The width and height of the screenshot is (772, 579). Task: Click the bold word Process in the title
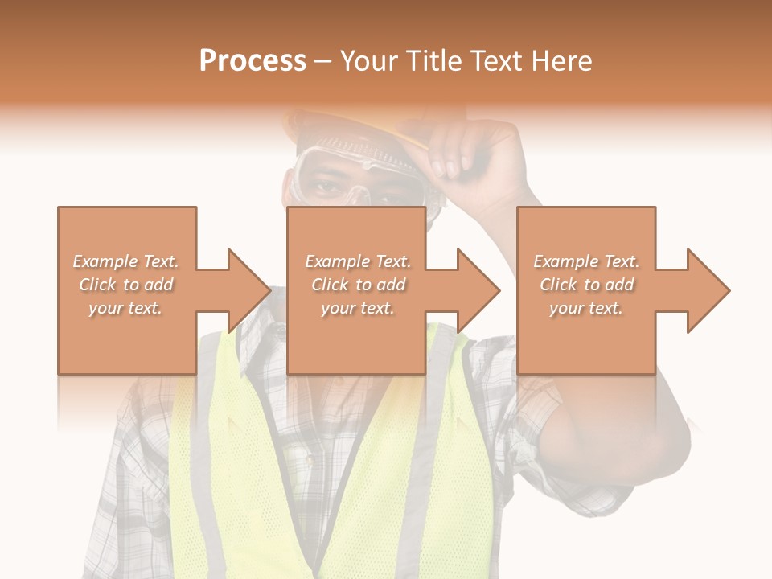tap(253, 60)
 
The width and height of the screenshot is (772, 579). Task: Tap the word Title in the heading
tap(432, 60)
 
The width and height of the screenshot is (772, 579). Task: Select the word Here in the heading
tap(562, 60)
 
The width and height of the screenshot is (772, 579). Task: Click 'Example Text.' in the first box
tap(126, 261)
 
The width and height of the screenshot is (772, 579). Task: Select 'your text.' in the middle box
tap(357, 308)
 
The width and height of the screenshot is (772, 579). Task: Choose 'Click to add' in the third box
tap(586, 285)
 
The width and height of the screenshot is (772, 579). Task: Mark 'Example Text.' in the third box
tap(586, 261)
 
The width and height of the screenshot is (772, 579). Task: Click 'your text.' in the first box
tap(125, 308)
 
